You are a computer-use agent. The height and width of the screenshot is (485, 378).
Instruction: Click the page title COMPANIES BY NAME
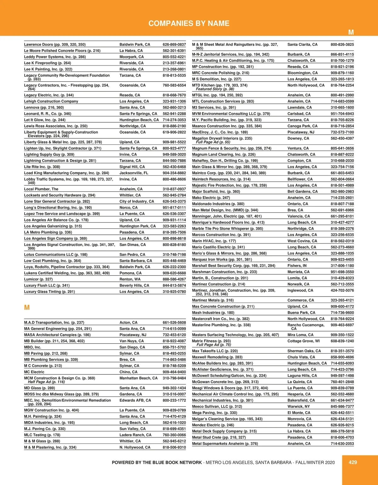click(189, 23)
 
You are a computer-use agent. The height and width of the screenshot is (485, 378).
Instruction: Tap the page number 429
click(353, 462)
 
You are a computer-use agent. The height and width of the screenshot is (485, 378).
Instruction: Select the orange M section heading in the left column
click(27, 307)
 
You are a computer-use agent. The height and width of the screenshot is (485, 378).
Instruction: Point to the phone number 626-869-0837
click(174, 44)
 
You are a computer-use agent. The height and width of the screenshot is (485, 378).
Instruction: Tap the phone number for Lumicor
click(174, 279)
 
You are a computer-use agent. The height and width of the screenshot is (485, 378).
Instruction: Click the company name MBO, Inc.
click(33, 347)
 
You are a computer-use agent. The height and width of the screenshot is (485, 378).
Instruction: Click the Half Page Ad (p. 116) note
click(46, 382)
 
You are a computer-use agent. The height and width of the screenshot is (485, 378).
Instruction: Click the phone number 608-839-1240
click(342, 341)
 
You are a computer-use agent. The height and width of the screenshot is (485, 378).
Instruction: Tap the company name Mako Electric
click(205, 198)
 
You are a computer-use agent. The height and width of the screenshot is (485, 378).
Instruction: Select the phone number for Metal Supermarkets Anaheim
click(342, 444)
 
